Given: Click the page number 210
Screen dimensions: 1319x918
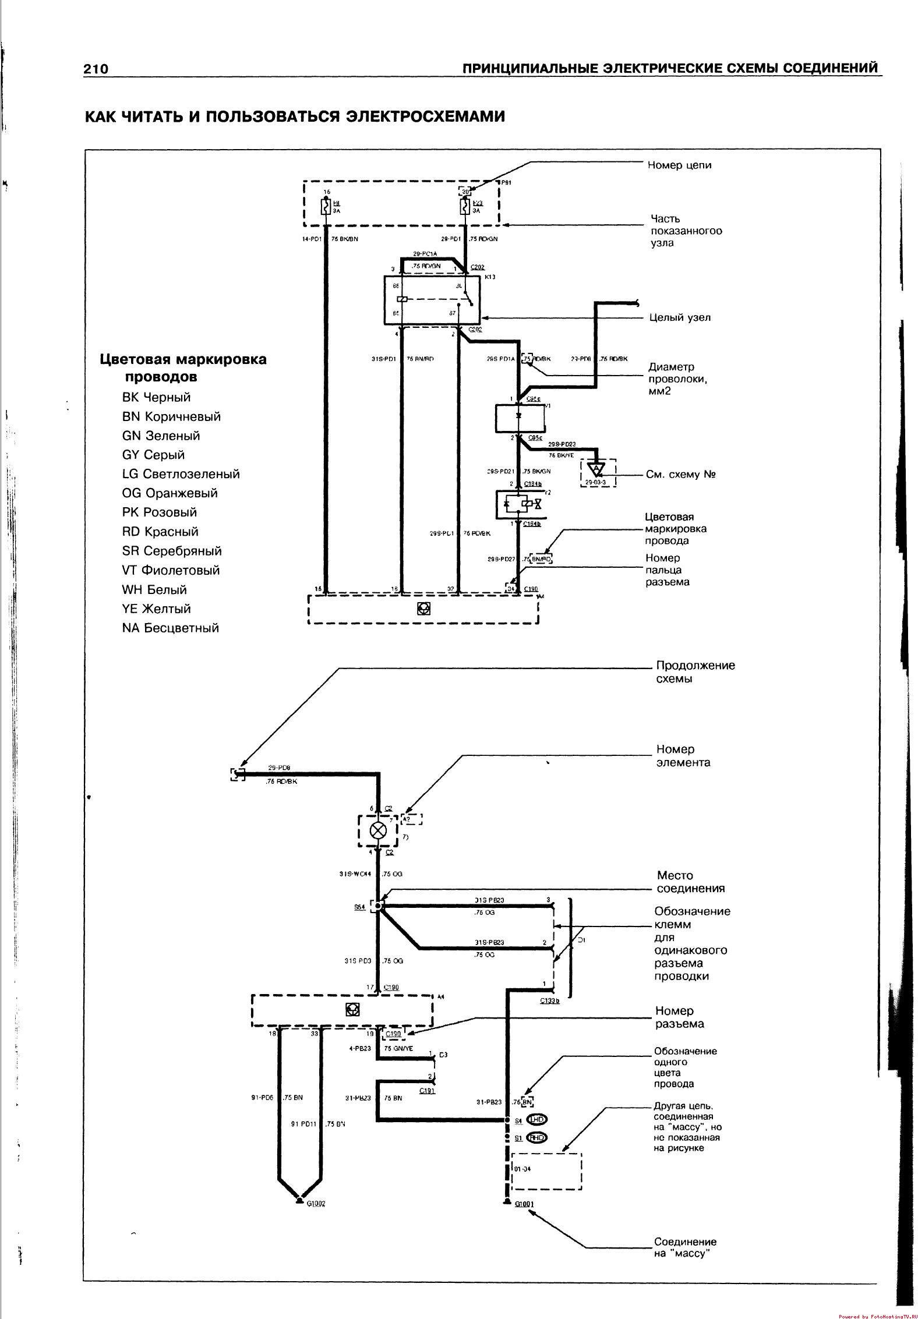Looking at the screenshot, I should tap(96, 69).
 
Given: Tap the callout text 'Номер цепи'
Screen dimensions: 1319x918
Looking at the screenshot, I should tap(679, 165).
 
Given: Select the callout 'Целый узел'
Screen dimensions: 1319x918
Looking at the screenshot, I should tap(680, 318).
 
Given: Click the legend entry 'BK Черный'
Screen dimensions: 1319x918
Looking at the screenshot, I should tap(156, 397).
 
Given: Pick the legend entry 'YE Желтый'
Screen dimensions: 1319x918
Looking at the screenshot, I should tap(156, 609).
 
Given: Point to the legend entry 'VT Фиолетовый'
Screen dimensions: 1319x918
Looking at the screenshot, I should tap(171, 570).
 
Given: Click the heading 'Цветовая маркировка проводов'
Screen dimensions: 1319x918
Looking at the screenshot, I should tap(183, 367).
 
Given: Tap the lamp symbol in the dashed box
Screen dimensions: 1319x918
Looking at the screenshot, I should tap(379, 830).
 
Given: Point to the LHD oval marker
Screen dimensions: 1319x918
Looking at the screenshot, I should tap(536, 1119).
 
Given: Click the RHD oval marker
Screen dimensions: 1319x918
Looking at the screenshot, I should tap(536, 1137).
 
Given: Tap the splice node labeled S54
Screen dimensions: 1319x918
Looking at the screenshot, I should tap(379, 906).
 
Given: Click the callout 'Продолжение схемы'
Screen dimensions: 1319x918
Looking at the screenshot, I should tap(695, 672).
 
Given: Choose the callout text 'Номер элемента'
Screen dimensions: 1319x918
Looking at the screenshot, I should tap(683, 756).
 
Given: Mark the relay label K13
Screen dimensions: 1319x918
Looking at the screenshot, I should tap(489, 277).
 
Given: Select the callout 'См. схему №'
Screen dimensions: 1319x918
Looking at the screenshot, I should tap(680, 474).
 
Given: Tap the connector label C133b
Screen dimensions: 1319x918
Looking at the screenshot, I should tap(549, 1001).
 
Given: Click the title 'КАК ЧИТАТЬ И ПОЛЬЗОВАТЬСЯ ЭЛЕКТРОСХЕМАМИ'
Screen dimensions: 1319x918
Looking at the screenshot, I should tap(295, 116).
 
